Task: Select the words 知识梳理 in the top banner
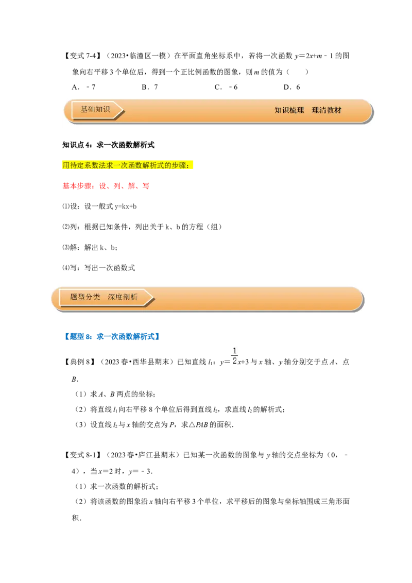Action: click(x=289, y=110)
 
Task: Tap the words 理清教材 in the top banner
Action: click(x=327, y=110)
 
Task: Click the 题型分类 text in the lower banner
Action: click(x=85, y=297)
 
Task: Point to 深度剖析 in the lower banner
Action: click(x=123, y=297)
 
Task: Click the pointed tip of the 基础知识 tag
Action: click(x=122, y=110)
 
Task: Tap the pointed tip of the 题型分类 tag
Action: click(x=152, y=298)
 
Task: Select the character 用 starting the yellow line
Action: click(x=66, y=165)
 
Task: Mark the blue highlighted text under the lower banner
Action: click(x=111, y=337)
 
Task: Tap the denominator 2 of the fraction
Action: click(x=234, y=361)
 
